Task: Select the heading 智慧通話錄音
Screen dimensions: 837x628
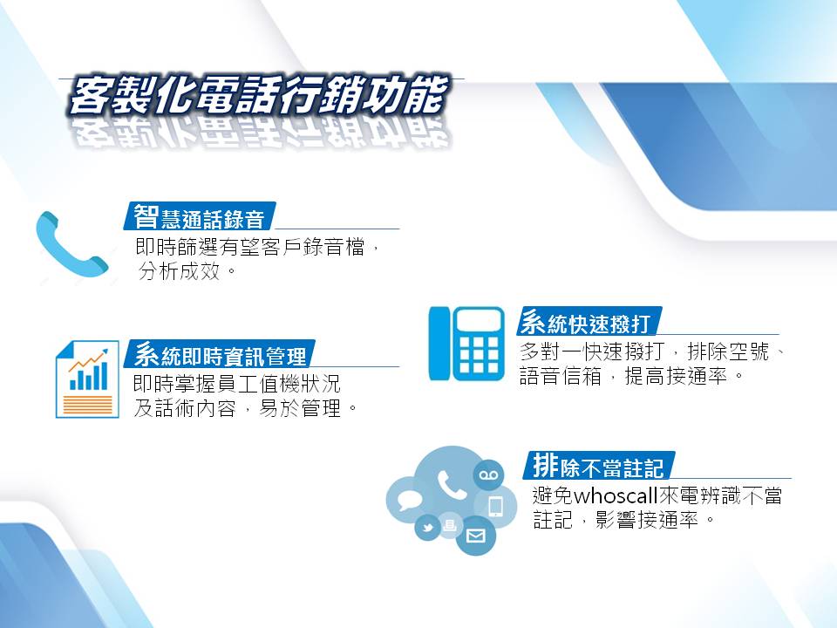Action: pyautogui.click(x=199, y=217)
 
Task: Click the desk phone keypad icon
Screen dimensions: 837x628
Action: pyautogui.click(x=466, y=344)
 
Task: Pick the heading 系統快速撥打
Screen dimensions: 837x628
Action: pyautogui.click(x=586, y=322)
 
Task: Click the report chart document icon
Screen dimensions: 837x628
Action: pyautogui.click(x=87, y=379)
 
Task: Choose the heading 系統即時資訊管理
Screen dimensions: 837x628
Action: pyautogui.click(x=220, y=355)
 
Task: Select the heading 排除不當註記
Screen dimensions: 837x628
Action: pyautogui.click(x=598, y=466)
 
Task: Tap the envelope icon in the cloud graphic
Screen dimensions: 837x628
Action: pyautogui.click(x=476, y=535)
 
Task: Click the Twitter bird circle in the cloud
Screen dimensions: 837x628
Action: pyautogui.click(x=427, y=528)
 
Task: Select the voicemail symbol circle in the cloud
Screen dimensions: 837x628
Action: pyautogui.click(x=488, y=474)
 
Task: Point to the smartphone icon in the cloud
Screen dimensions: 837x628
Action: pyautogui.click(x=495, y=506)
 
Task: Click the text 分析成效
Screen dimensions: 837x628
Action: pyautogui.click(x=179, y=271)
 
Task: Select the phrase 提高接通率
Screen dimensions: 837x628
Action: pyautogui.click(x=676, y=377)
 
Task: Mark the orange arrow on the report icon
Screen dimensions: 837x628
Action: pyautogui.click(x=88, y=360)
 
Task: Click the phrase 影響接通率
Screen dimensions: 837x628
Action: pyautogui.click(x=647, y=519)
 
